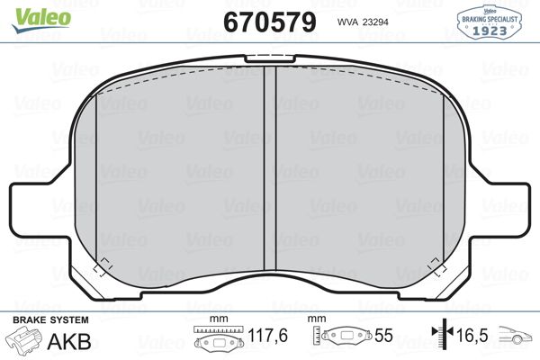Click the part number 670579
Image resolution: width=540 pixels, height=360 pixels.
tap(270, 22)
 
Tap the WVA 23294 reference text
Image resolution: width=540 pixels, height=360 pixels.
tap(363, 22)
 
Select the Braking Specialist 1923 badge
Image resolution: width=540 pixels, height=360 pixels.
tap(489, 22)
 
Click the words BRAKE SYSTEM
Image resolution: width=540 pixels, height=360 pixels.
tap(50, 320)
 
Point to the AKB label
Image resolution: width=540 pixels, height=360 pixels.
tap(69, 341)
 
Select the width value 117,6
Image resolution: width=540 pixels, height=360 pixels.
tap(267, 335)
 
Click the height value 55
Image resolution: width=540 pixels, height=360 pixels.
tap(383, 335)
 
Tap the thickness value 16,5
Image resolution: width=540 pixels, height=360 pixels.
tap(472, 335)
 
